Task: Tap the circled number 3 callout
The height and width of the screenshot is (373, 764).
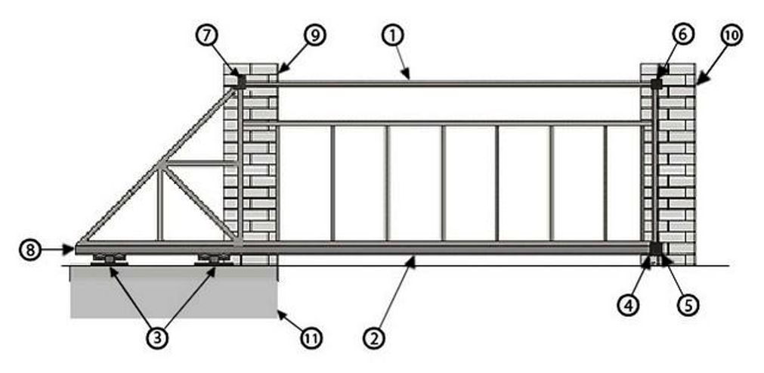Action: click(156, 337)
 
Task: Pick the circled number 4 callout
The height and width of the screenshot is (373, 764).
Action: click(630, 306)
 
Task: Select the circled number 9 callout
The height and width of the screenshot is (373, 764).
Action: click(315, 35)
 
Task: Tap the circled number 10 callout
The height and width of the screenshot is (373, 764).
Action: click(732, 35)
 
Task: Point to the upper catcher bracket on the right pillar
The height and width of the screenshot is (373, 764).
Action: click(657, 82)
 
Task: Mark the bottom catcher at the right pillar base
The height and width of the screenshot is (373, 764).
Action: click(654, 249)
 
